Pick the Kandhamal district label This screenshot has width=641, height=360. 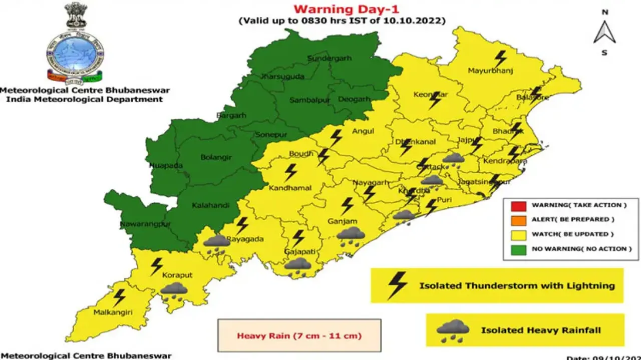[290, 188]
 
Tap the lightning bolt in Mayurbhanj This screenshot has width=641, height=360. [499, 58]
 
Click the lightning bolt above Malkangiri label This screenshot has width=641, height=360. [119, 297]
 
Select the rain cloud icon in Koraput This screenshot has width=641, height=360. [174, 290]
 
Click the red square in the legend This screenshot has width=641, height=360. [518, 205]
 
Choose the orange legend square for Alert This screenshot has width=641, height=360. [518, 219]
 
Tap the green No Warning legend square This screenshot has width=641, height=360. [518, 249]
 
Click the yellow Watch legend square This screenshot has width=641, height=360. [518, 234]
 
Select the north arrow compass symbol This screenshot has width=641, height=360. [604, 33]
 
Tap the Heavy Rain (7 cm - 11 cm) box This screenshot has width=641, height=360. [299, 335]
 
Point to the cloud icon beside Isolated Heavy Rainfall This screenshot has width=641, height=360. [453, 331]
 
